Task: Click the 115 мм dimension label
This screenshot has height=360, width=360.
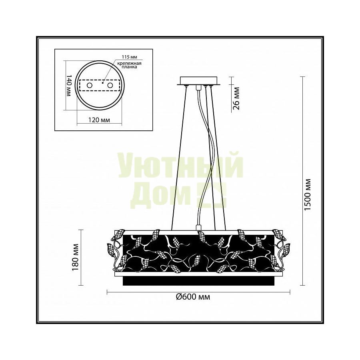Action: tap(129, 57)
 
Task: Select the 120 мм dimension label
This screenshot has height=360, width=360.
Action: tap(99, 120)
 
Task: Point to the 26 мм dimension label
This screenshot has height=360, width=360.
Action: tap(236, 98)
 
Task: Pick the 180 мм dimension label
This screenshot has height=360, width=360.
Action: tap(76, 257)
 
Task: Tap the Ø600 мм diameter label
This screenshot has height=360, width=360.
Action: tap(193, 297)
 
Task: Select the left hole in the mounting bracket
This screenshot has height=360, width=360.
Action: tap(90, 86)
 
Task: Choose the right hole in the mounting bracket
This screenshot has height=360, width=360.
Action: tap(110, 86)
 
